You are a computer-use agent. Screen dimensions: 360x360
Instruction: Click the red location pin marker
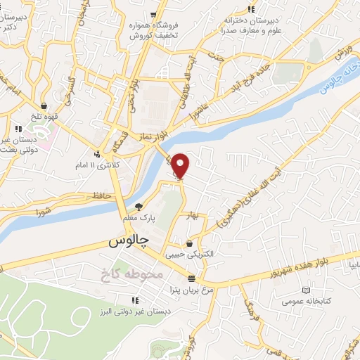point(181,166)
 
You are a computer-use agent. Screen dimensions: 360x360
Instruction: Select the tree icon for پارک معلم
point(139,206)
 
